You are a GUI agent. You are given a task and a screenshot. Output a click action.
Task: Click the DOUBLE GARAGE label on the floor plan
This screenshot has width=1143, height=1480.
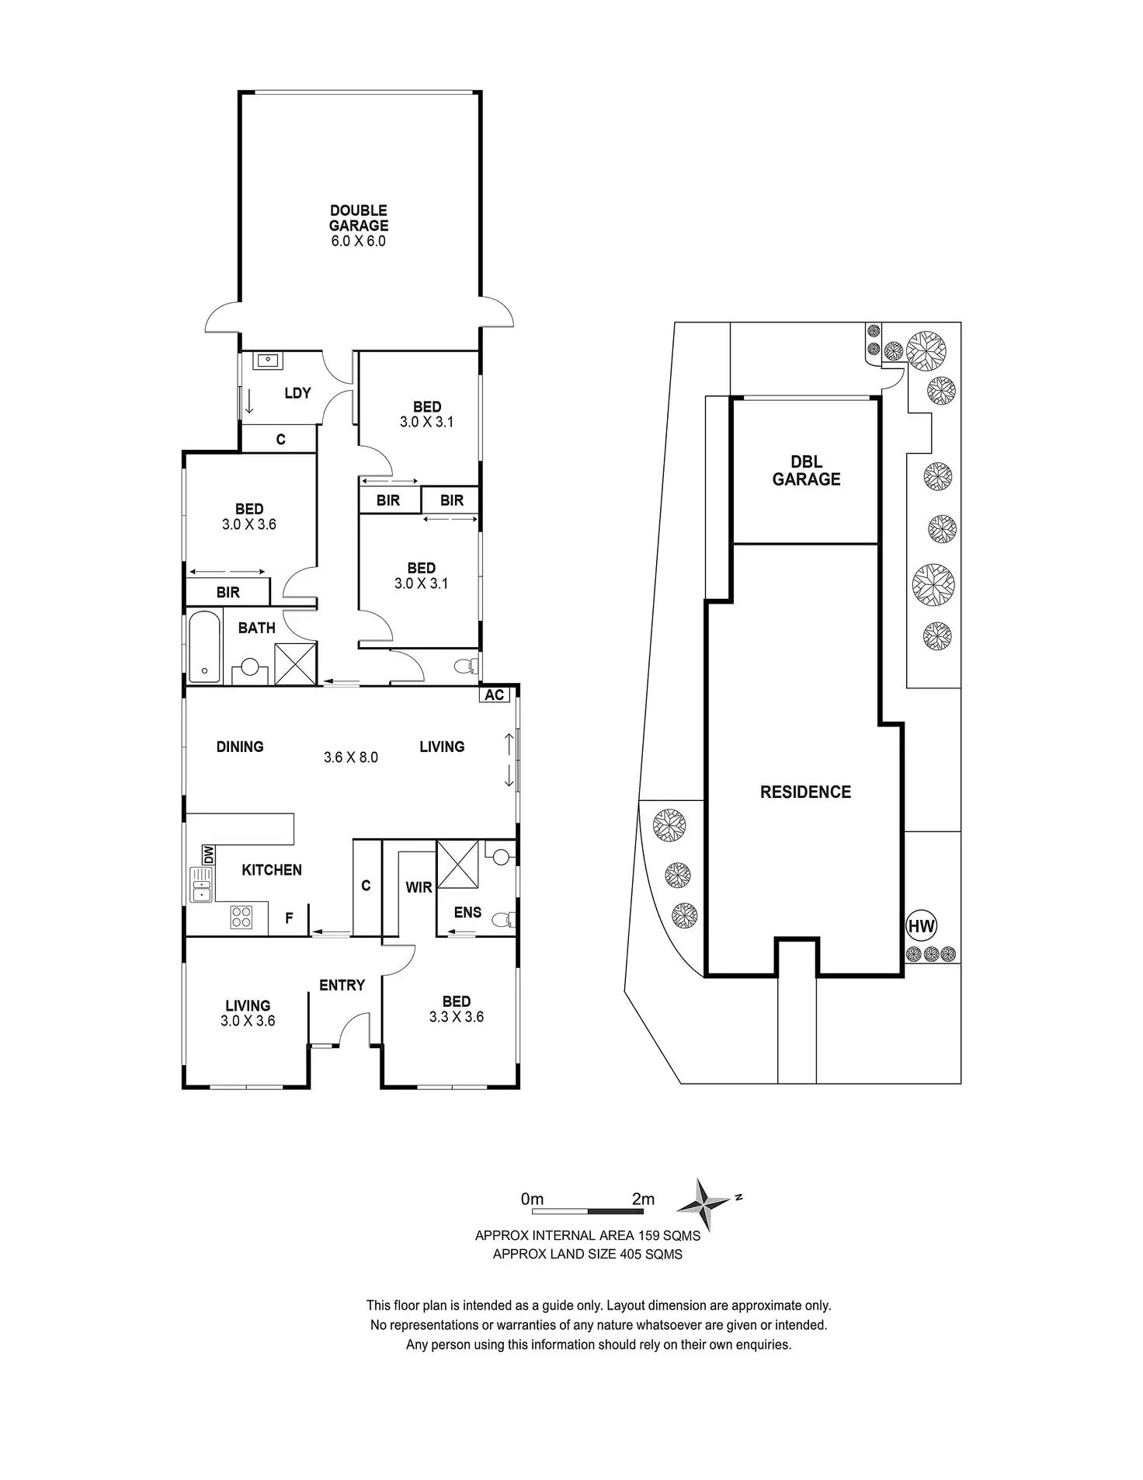point(358,218)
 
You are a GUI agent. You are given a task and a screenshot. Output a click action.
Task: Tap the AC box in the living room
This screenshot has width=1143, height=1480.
point(495,695)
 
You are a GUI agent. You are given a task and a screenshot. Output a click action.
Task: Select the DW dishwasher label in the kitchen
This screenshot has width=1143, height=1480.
point(208,855)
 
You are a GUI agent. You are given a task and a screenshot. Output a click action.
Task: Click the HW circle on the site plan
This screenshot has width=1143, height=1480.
point(922,926)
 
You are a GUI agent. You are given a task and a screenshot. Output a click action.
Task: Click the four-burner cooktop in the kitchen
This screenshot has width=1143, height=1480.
point(241,918)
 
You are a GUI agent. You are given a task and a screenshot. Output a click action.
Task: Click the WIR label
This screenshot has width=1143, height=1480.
point(419,886)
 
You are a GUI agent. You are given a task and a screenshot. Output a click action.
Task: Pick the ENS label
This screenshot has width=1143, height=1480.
point(467,912)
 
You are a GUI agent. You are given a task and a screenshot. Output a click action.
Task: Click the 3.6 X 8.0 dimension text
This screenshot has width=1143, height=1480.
point(351,757)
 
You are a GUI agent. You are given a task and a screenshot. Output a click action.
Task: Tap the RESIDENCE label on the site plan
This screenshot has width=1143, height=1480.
point(805,792)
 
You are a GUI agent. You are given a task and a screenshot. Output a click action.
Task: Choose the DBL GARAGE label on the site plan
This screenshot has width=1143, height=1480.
point(806,471)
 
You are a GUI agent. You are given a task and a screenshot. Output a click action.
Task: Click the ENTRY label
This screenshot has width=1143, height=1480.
point(342,985)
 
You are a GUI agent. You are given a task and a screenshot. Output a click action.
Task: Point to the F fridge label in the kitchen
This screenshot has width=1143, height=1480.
point(289,918)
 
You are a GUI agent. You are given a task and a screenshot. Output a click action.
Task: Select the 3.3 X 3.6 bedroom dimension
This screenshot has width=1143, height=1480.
point(457,1017)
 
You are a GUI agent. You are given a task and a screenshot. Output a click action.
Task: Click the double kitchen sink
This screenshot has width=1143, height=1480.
point(201,885)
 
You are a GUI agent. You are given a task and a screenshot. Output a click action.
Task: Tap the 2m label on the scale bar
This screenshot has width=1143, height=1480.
point(643,1199)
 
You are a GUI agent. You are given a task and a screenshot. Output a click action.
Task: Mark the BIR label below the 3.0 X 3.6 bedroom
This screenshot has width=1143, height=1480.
point(228,592)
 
